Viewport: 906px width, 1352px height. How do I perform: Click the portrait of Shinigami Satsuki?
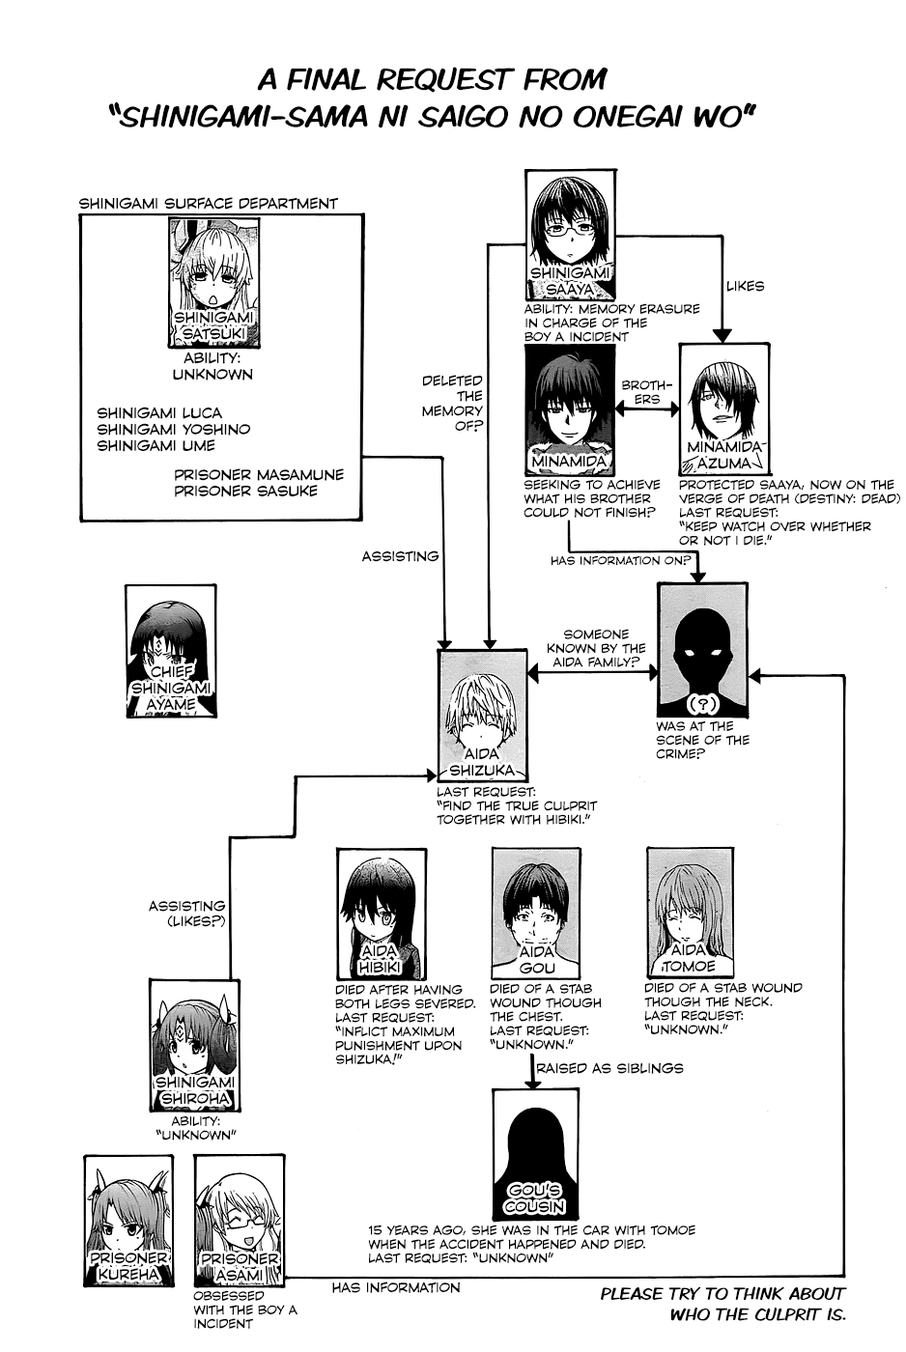coord(214,282)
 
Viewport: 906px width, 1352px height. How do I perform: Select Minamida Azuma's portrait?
coord(724,409)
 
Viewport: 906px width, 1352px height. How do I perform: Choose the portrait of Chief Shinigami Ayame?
coord(171,651)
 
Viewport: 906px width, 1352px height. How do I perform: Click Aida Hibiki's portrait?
coord(382,914)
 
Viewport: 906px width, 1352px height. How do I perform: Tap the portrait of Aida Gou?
coord(537,913)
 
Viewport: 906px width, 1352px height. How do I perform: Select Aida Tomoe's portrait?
coord(691,912)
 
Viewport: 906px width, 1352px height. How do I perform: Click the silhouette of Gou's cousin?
coord(535,1154)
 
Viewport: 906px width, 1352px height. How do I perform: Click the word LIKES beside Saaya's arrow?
coord(745,286)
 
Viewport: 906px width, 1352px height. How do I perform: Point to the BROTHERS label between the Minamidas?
coord(646,392)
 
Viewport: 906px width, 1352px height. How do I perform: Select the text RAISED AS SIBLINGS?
coord(609,1068)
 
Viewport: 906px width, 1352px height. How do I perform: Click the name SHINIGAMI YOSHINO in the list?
coord(174,429)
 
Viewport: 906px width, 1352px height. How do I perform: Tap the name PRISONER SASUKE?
coord(245,491)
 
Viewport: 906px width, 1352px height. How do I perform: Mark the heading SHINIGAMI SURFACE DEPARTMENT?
coord(209,204)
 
